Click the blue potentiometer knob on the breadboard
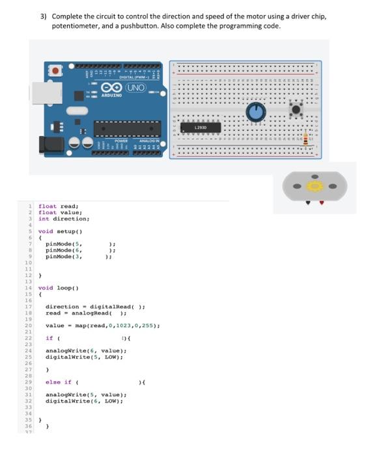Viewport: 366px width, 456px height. point(256,113)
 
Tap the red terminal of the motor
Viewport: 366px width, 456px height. point(322,203)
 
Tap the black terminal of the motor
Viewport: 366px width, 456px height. point(307,203)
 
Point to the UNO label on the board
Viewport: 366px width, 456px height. point(135,87)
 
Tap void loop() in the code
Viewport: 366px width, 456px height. point(59,287)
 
